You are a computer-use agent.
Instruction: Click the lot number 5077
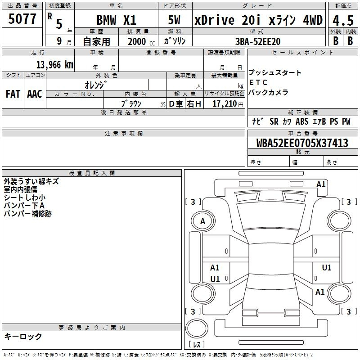22,19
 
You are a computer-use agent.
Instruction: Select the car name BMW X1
117,20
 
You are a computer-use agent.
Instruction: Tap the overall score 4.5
343,21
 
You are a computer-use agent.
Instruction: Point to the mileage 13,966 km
54,65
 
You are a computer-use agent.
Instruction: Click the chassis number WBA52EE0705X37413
302,143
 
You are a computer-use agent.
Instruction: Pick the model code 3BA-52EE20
258,41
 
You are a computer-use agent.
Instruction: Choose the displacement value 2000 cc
141,41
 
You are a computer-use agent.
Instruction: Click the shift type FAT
13,94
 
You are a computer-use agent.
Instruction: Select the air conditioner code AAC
35,94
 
